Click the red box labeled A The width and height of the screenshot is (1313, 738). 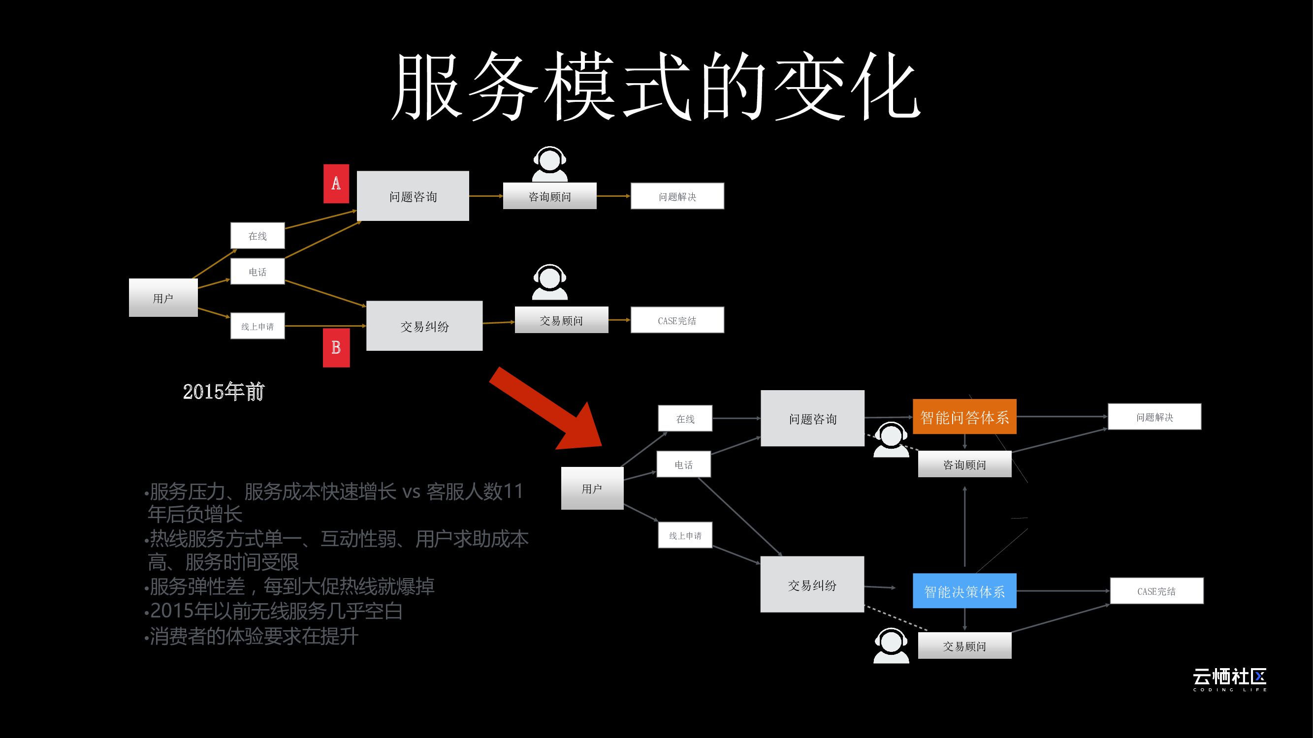[336, 184]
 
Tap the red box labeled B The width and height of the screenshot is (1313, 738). [336, 347]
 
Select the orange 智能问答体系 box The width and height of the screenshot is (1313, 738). [964, 417]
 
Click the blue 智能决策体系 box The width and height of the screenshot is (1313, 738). [964, 591]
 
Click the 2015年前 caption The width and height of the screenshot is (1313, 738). [224, 391]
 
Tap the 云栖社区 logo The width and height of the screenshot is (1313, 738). [1229, 679]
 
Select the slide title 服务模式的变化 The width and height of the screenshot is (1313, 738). [656, 87]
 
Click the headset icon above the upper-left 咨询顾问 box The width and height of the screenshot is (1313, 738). [549, 164]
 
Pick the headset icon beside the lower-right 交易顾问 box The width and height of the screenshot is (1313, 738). [891, 646]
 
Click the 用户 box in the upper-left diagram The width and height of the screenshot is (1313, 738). [163, 298]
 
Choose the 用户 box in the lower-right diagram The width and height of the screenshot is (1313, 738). [592, 488]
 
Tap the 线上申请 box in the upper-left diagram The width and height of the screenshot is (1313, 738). [257, 326]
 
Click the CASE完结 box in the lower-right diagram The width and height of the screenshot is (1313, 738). [1156, 591]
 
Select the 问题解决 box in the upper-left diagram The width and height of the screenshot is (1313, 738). [677, 196]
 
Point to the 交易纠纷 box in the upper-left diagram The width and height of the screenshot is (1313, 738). [424, 326]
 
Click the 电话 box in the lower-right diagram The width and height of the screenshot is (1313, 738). [683, 464]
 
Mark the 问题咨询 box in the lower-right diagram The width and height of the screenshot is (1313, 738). [812, 419]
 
